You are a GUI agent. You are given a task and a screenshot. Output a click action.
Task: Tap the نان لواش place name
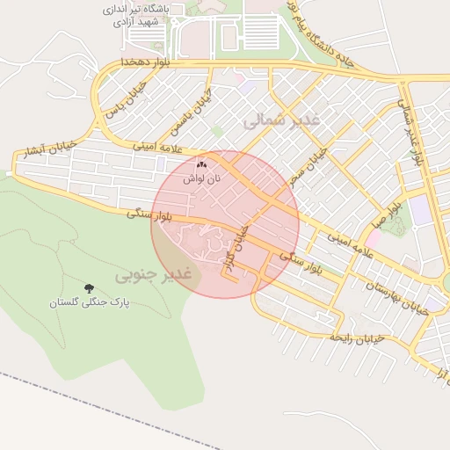point(202,178)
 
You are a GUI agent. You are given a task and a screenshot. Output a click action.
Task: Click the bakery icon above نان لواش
point(202,164)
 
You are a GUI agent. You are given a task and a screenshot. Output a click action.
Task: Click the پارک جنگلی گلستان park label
point(89,301)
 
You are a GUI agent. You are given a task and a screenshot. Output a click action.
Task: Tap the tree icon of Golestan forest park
point(89,287)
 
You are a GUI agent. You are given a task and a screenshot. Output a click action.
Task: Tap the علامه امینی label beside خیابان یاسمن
point(149,146)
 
